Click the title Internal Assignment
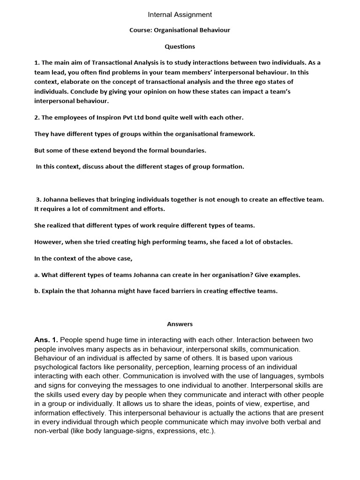(x=180, y=15)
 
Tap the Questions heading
(x=180, y=46)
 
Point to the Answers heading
(x=180, y=324)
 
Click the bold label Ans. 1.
(x=46, y=340)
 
